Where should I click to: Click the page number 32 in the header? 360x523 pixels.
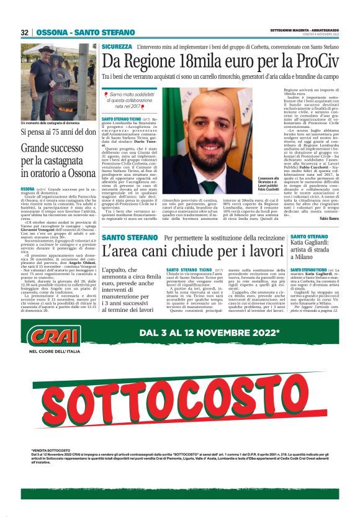pos(25,32)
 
